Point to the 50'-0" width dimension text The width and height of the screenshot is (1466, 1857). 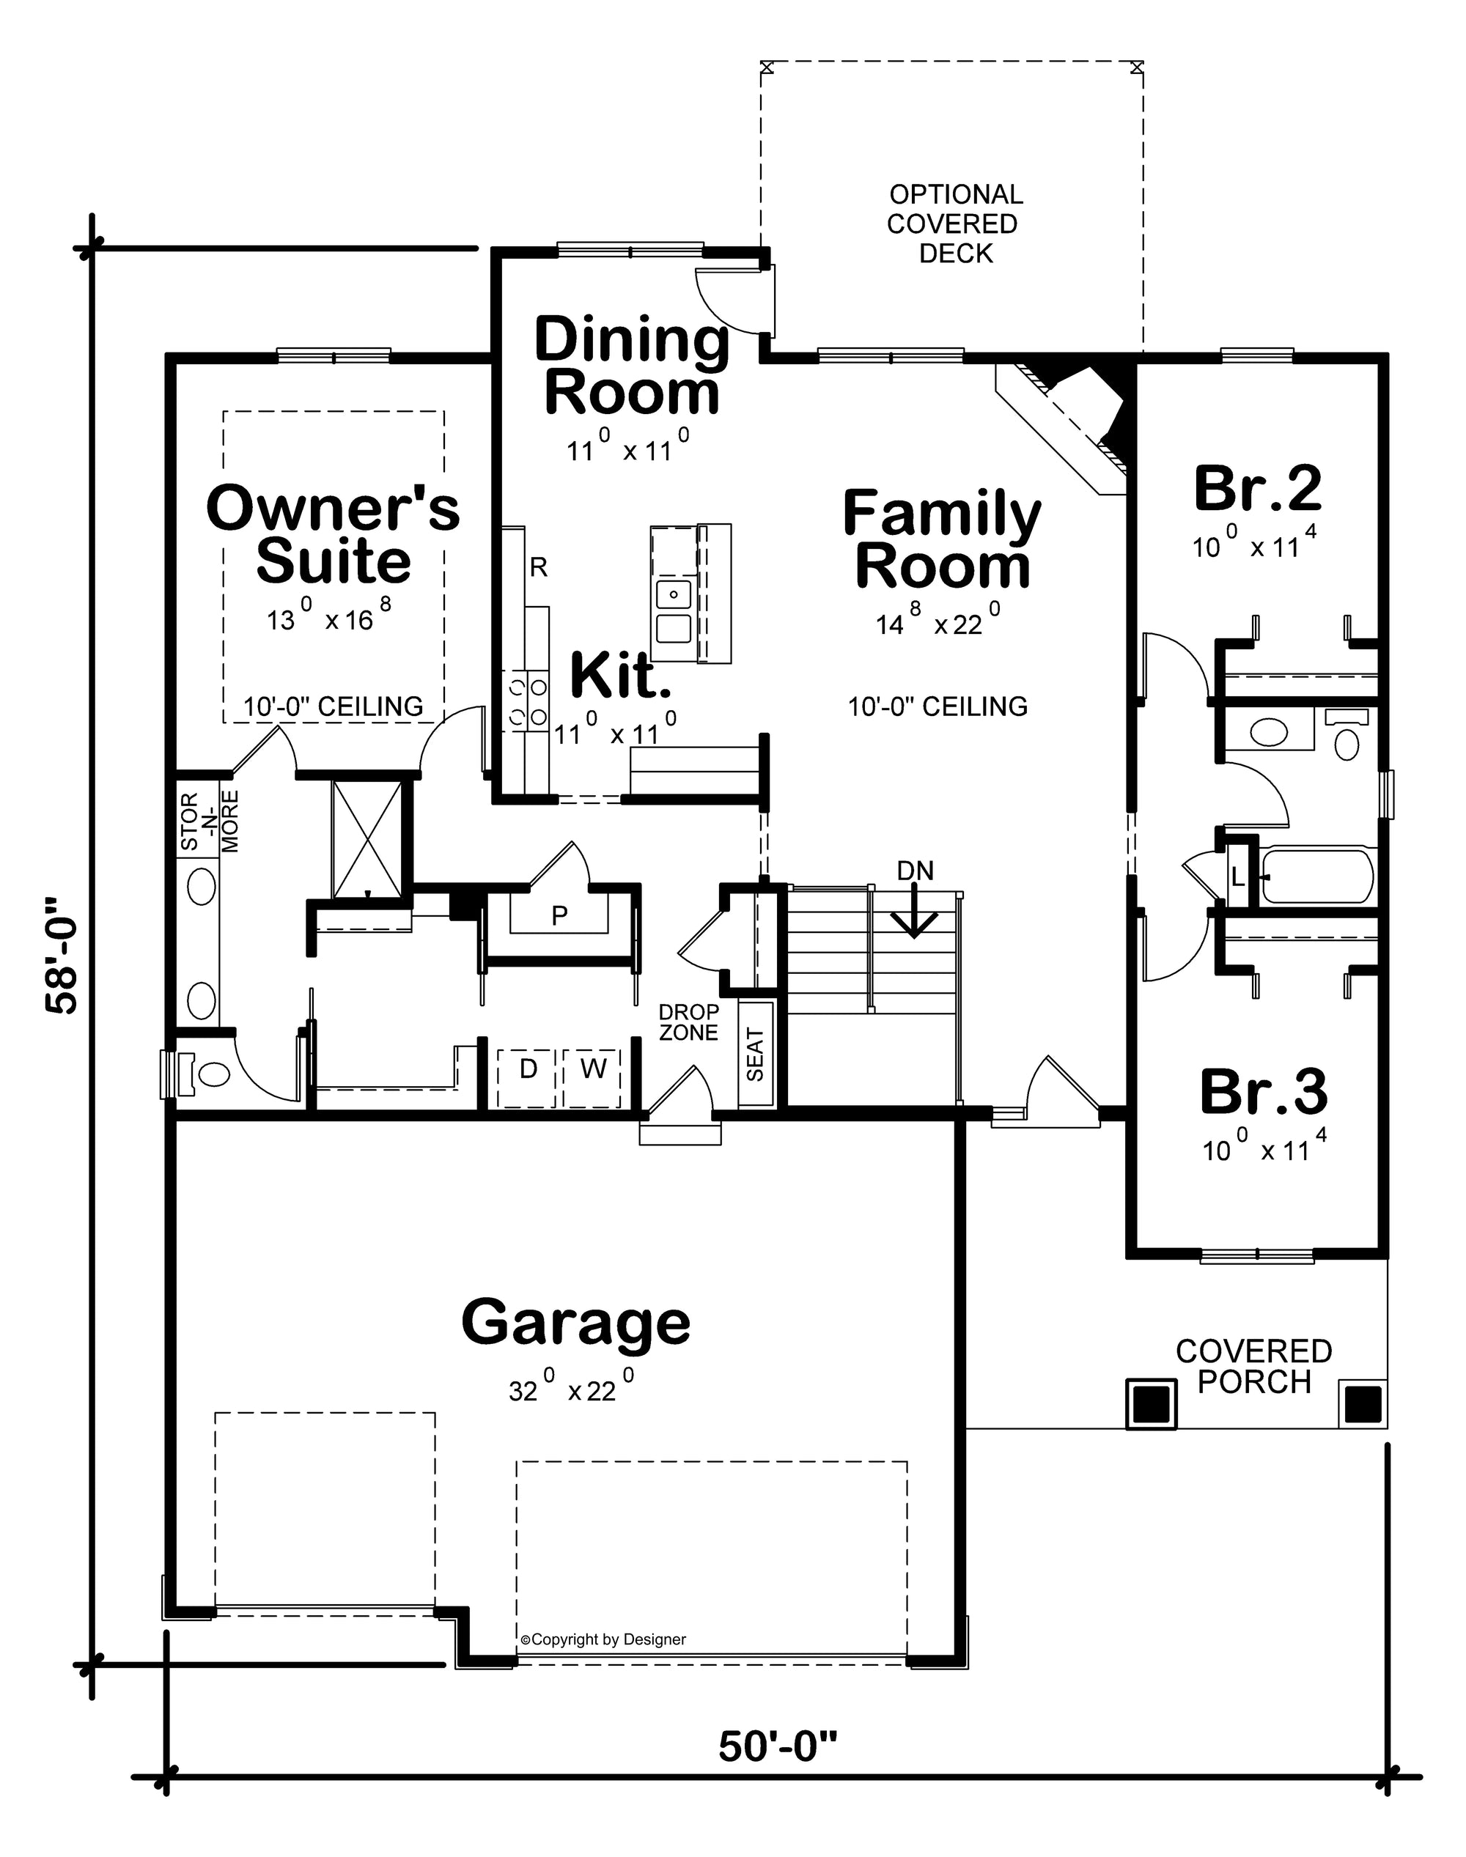777,1746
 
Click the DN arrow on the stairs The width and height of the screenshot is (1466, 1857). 914,909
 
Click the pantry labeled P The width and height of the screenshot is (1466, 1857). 559,915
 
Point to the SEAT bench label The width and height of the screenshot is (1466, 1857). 755,1055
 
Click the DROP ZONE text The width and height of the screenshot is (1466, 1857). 688,1022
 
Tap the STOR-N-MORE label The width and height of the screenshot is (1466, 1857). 210,822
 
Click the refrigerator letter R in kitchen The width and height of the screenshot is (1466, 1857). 538,567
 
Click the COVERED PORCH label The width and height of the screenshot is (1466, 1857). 1253,1366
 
